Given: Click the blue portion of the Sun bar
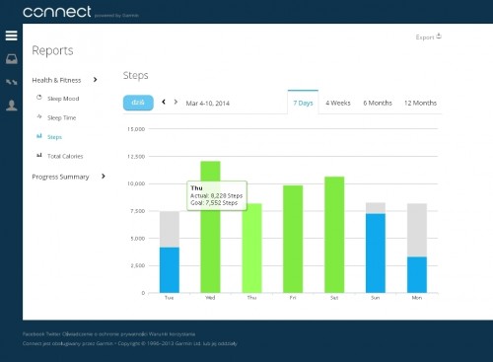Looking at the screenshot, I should (x=375, y=253).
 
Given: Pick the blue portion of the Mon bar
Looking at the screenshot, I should (x=416, y=274).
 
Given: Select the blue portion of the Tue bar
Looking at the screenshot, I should (x=169, y=269).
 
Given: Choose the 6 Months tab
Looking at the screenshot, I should (x=378, y=103).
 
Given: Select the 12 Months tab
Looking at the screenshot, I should (x=420, y=103).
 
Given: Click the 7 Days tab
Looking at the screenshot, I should (x=303, y=103).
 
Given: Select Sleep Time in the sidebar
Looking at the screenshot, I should (x=61, y=117).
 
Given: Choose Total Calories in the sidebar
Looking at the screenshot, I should (x=64, y=156).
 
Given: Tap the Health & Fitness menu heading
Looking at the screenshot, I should (x=58, y=79).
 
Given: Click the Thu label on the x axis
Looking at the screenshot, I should (x=251, y=297).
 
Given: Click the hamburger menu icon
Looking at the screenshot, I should (x=12, y=36).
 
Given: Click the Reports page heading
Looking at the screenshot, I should (x=51, y=50).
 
